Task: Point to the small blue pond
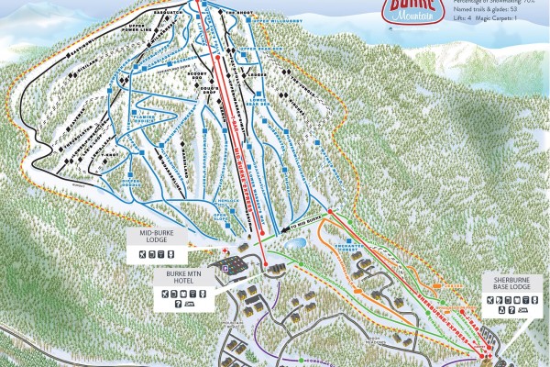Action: [x=296, y=245]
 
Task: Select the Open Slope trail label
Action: [x=223, y=217]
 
